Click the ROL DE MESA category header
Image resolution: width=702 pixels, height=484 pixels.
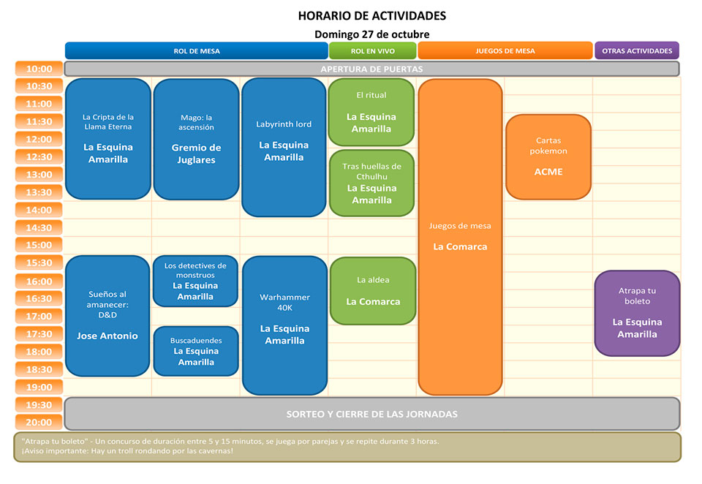pos(196,50)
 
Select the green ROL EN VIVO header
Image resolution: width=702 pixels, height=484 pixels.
pos(372,50)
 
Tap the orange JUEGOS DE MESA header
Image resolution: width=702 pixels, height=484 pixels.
pos(505,50)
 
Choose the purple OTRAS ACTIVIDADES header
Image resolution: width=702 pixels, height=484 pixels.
pos(637,50)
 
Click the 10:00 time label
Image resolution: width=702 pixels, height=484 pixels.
pos(39,69)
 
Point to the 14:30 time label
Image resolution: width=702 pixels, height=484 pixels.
pos(39,228)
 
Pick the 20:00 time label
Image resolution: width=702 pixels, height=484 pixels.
pos(39,422)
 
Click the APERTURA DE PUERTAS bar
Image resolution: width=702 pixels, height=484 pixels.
pos(371,69)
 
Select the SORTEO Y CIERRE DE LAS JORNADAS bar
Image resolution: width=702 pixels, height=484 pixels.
pos(372,414)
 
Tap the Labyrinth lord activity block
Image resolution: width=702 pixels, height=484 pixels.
pos(284,147)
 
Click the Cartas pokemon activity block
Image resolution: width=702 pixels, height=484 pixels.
pos(548,156)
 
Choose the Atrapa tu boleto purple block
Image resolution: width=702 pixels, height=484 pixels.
pos(637,313)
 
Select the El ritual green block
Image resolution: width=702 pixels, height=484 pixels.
pos(371,113)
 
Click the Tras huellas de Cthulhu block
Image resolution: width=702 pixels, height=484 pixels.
pos(371,183)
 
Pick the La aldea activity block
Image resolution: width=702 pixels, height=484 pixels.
pos(373,290)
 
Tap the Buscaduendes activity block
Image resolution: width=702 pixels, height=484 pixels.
pos(196,351)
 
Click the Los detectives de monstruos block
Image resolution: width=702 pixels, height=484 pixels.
pos(195,281)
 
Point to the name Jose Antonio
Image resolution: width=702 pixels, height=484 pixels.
pos(107,336)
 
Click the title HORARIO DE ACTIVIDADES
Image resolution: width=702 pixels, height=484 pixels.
pos(372,15)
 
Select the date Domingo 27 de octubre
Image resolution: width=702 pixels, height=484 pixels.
pos(372,34)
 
